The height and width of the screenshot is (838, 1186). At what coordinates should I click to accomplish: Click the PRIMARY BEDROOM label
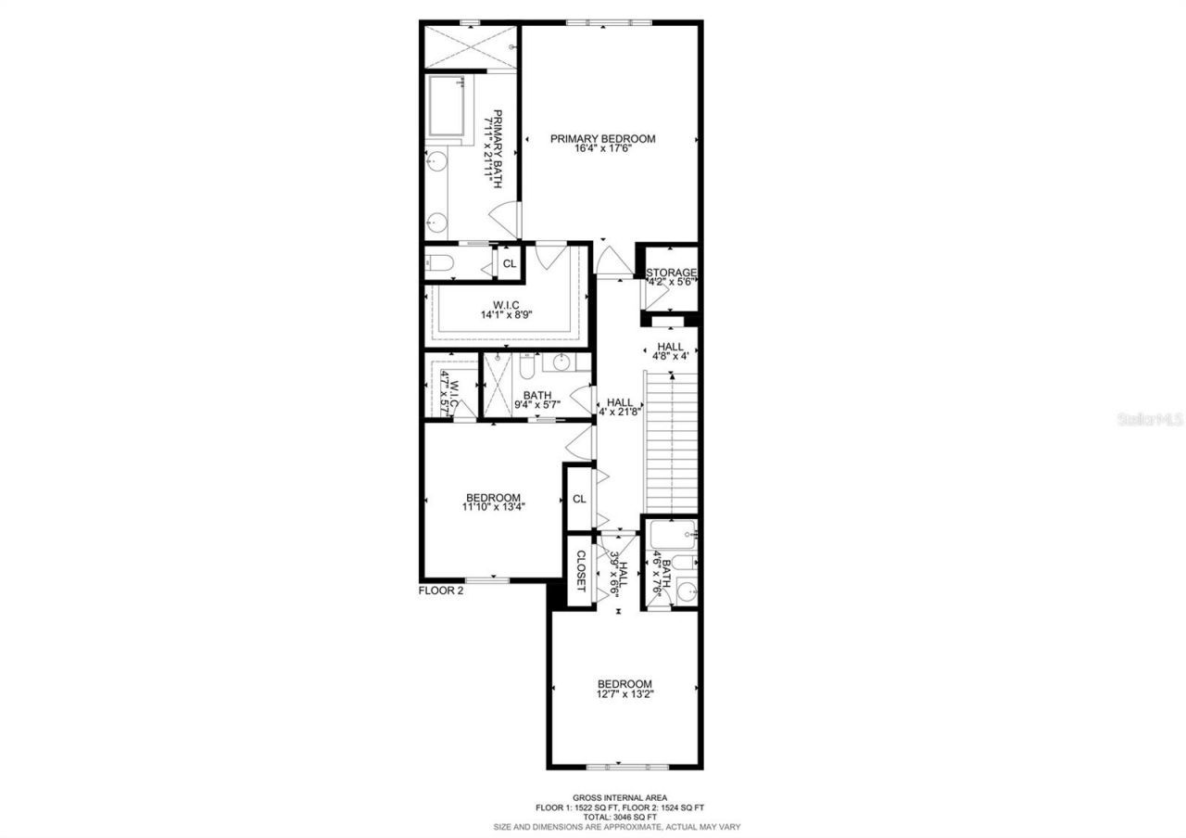602,139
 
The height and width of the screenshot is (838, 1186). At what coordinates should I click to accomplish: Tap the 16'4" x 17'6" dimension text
602,149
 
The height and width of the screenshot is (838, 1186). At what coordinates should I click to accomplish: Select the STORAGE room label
671,273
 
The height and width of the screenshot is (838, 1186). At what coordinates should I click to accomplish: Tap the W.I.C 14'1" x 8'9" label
505,309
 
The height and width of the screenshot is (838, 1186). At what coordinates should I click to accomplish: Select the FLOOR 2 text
440,590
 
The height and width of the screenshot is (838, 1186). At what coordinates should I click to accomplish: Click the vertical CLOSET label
580,570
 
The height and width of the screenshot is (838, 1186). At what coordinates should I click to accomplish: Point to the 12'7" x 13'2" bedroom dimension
625,694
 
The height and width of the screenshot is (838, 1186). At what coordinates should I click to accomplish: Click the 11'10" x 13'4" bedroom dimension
492,507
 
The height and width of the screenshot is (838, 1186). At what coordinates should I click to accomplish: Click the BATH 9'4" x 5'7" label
537,400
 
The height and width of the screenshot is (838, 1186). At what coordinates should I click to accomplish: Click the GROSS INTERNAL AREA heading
616,797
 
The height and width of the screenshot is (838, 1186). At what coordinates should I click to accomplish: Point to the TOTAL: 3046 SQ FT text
616,817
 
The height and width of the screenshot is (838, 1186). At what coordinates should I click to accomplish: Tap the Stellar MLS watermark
1150,420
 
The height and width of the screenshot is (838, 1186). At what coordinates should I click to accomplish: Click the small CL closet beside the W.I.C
509,263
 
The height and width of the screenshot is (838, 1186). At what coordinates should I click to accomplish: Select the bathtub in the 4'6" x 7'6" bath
671,535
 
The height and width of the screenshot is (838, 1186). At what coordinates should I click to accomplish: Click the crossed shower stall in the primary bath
470,46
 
